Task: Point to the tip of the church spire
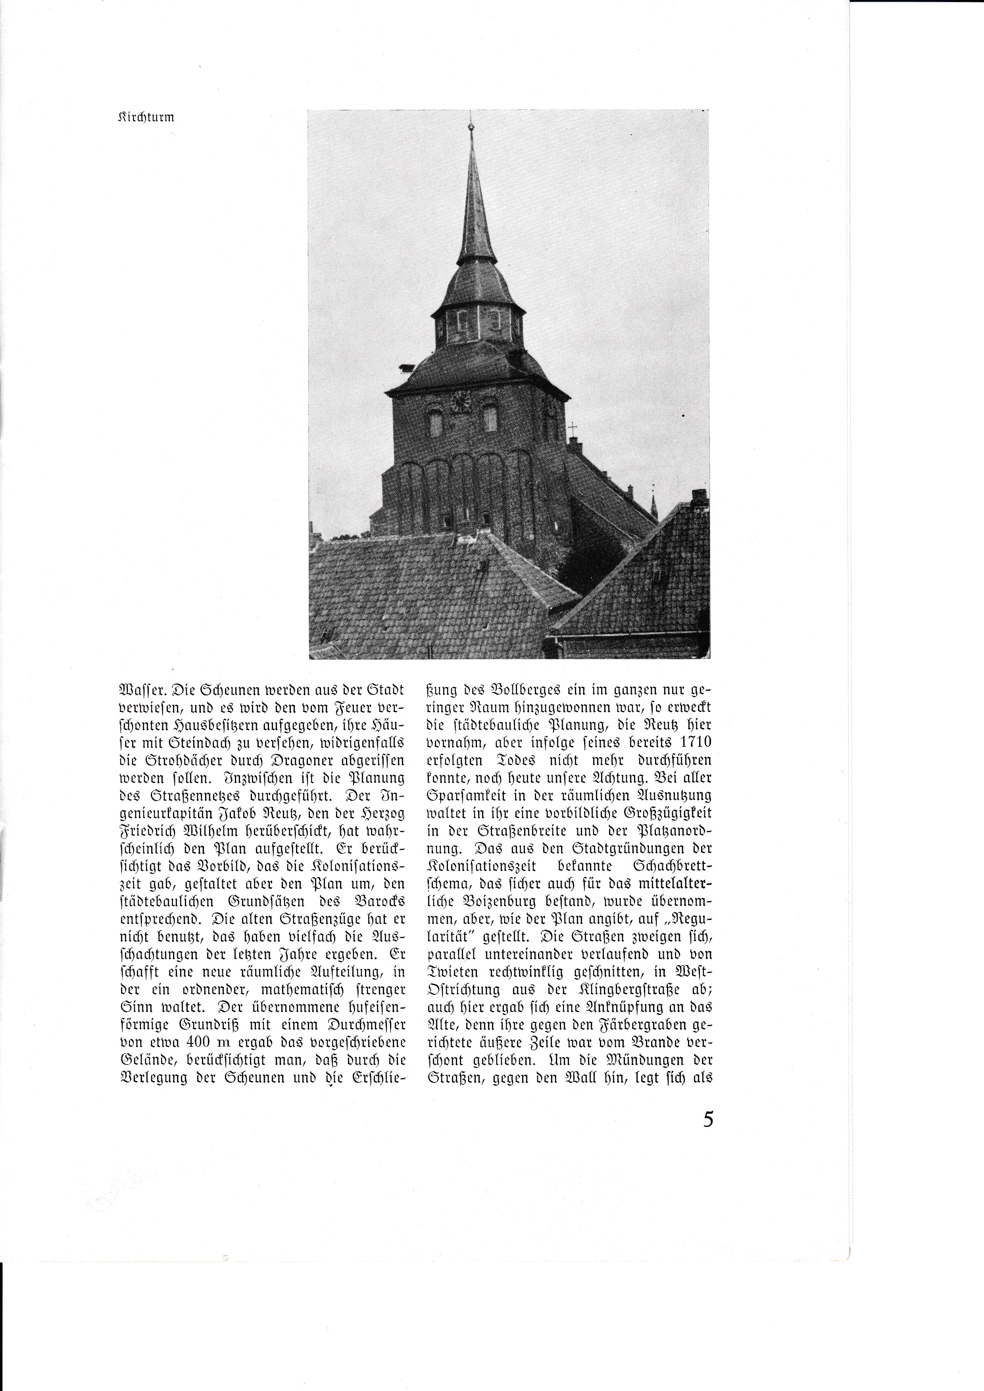pos(471,125)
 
